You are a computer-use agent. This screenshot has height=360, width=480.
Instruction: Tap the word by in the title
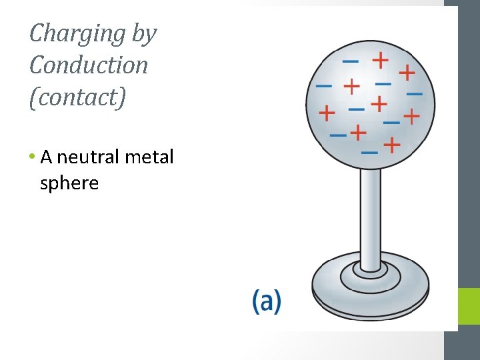tap(143, 33)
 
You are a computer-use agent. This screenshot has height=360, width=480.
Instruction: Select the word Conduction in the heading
tap(89, 65)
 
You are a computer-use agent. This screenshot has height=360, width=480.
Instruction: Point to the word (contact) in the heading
tap(77, 97)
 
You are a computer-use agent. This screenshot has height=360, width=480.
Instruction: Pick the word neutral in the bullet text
tap(84, 157)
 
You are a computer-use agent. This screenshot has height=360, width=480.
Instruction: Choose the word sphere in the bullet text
tap(69, 183)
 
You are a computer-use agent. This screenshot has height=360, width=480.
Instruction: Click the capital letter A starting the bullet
tap(47, 157)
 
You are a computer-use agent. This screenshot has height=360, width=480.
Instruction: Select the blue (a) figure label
tap(267, 301)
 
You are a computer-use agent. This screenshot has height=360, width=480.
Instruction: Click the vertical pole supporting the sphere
tap(370, 213)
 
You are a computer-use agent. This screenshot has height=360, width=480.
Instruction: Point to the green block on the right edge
tap(469, 307)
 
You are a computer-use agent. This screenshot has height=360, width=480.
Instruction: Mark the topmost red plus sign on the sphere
tap(380, 60)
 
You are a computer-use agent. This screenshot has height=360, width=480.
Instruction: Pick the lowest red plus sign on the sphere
tap(392, 144)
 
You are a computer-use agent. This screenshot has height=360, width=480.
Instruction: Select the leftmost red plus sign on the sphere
tap(327, 113)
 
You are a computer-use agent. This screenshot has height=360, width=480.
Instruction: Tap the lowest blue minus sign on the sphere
tap(369, 152)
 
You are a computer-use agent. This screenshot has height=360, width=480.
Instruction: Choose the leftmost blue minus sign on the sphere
tap(323, 86)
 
